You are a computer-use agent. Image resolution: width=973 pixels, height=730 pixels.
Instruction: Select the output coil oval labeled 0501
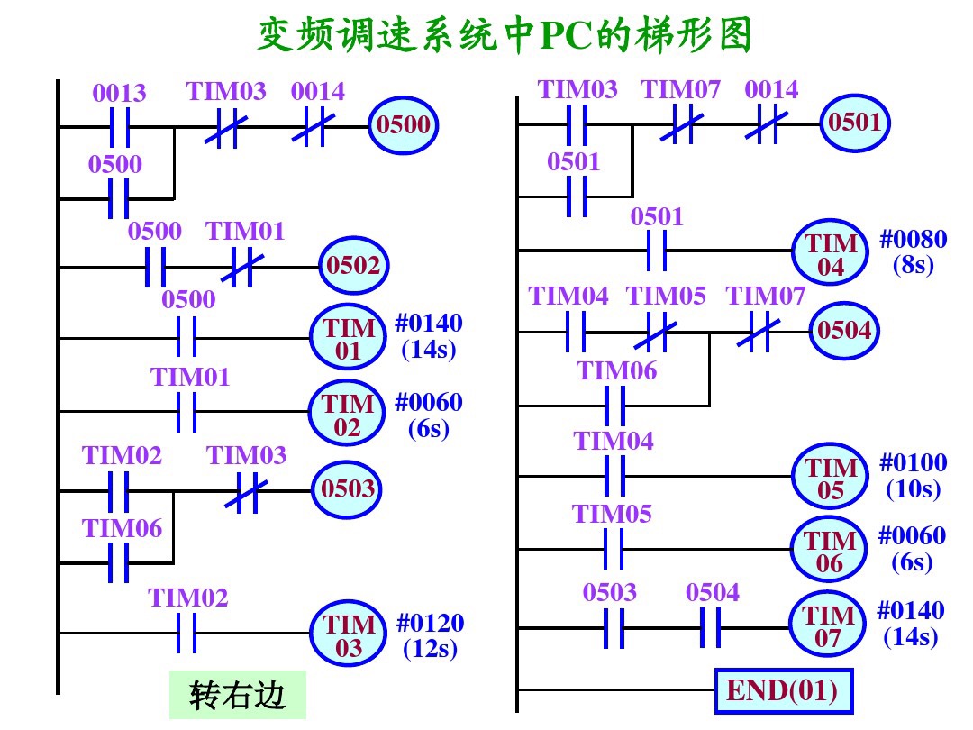[x=854, y=123]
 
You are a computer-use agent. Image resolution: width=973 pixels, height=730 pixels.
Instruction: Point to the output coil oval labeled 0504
[x=844, y=332]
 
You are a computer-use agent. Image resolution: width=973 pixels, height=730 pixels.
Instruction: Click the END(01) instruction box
[x=782, y=691]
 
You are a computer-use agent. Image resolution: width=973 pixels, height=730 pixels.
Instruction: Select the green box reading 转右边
[x=238, y=696]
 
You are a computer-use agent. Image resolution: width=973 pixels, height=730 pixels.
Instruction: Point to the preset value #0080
[x=914, y=241]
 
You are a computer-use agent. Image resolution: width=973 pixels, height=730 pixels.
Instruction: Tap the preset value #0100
[x=914, y=464]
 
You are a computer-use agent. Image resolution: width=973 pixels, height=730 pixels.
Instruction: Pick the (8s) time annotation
[x=912, y=265]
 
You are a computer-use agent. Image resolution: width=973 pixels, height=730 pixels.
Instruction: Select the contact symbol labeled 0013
[x=119, y=127]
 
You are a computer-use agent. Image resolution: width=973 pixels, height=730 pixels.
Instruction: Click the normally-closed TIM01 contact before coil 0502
[x=238, y=267]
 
